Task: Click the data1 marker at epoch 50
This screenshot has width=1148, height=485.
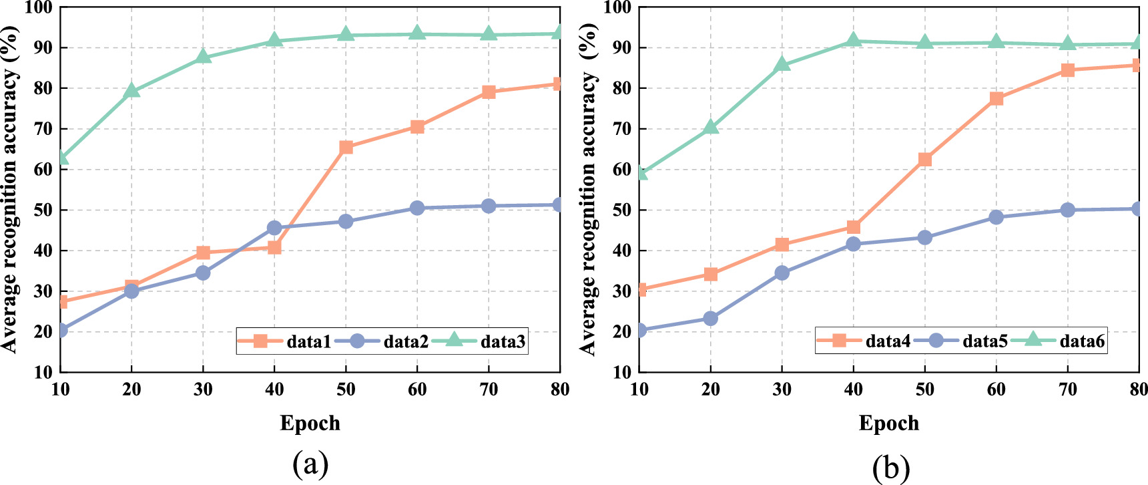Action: point(346,147)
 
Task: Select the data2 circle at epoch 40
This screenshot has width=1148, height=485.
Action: point(274,228)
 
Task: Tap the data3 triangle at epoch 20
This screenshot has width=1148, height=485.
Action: point(131,91)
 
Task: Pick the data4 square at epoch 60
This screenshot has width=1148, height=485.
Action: point(996,98)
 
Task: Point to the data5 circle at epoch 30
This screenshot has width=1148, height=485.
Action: point(782,273)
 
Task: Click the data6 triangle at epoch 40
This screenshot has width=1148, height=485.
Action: point(854,41)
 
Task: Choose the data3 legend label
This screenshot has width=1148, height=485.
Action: point(503,342)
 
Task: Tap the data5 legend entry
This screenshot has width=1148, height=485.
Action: point(984,341)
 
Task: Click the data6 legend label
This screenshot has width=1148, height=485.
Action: point(1082,341)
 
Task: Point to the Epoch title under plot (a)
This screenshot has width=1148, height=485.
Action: point(310,424)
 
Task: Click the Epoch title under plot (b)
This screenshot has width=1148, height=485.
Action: point(888,424)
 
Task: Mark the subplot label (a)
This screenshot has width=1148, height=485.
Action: point(310,463)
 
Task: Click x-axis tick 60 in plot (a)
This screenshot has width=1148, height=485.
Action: point(417,389)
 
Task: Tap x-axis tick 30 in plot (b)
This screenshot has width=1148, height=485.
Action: point(782,389)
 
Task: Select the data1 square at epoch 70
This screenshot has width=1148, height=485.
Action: point(489,92)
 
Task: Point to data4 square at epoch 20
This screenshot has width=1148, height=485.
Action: point(711,274)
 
